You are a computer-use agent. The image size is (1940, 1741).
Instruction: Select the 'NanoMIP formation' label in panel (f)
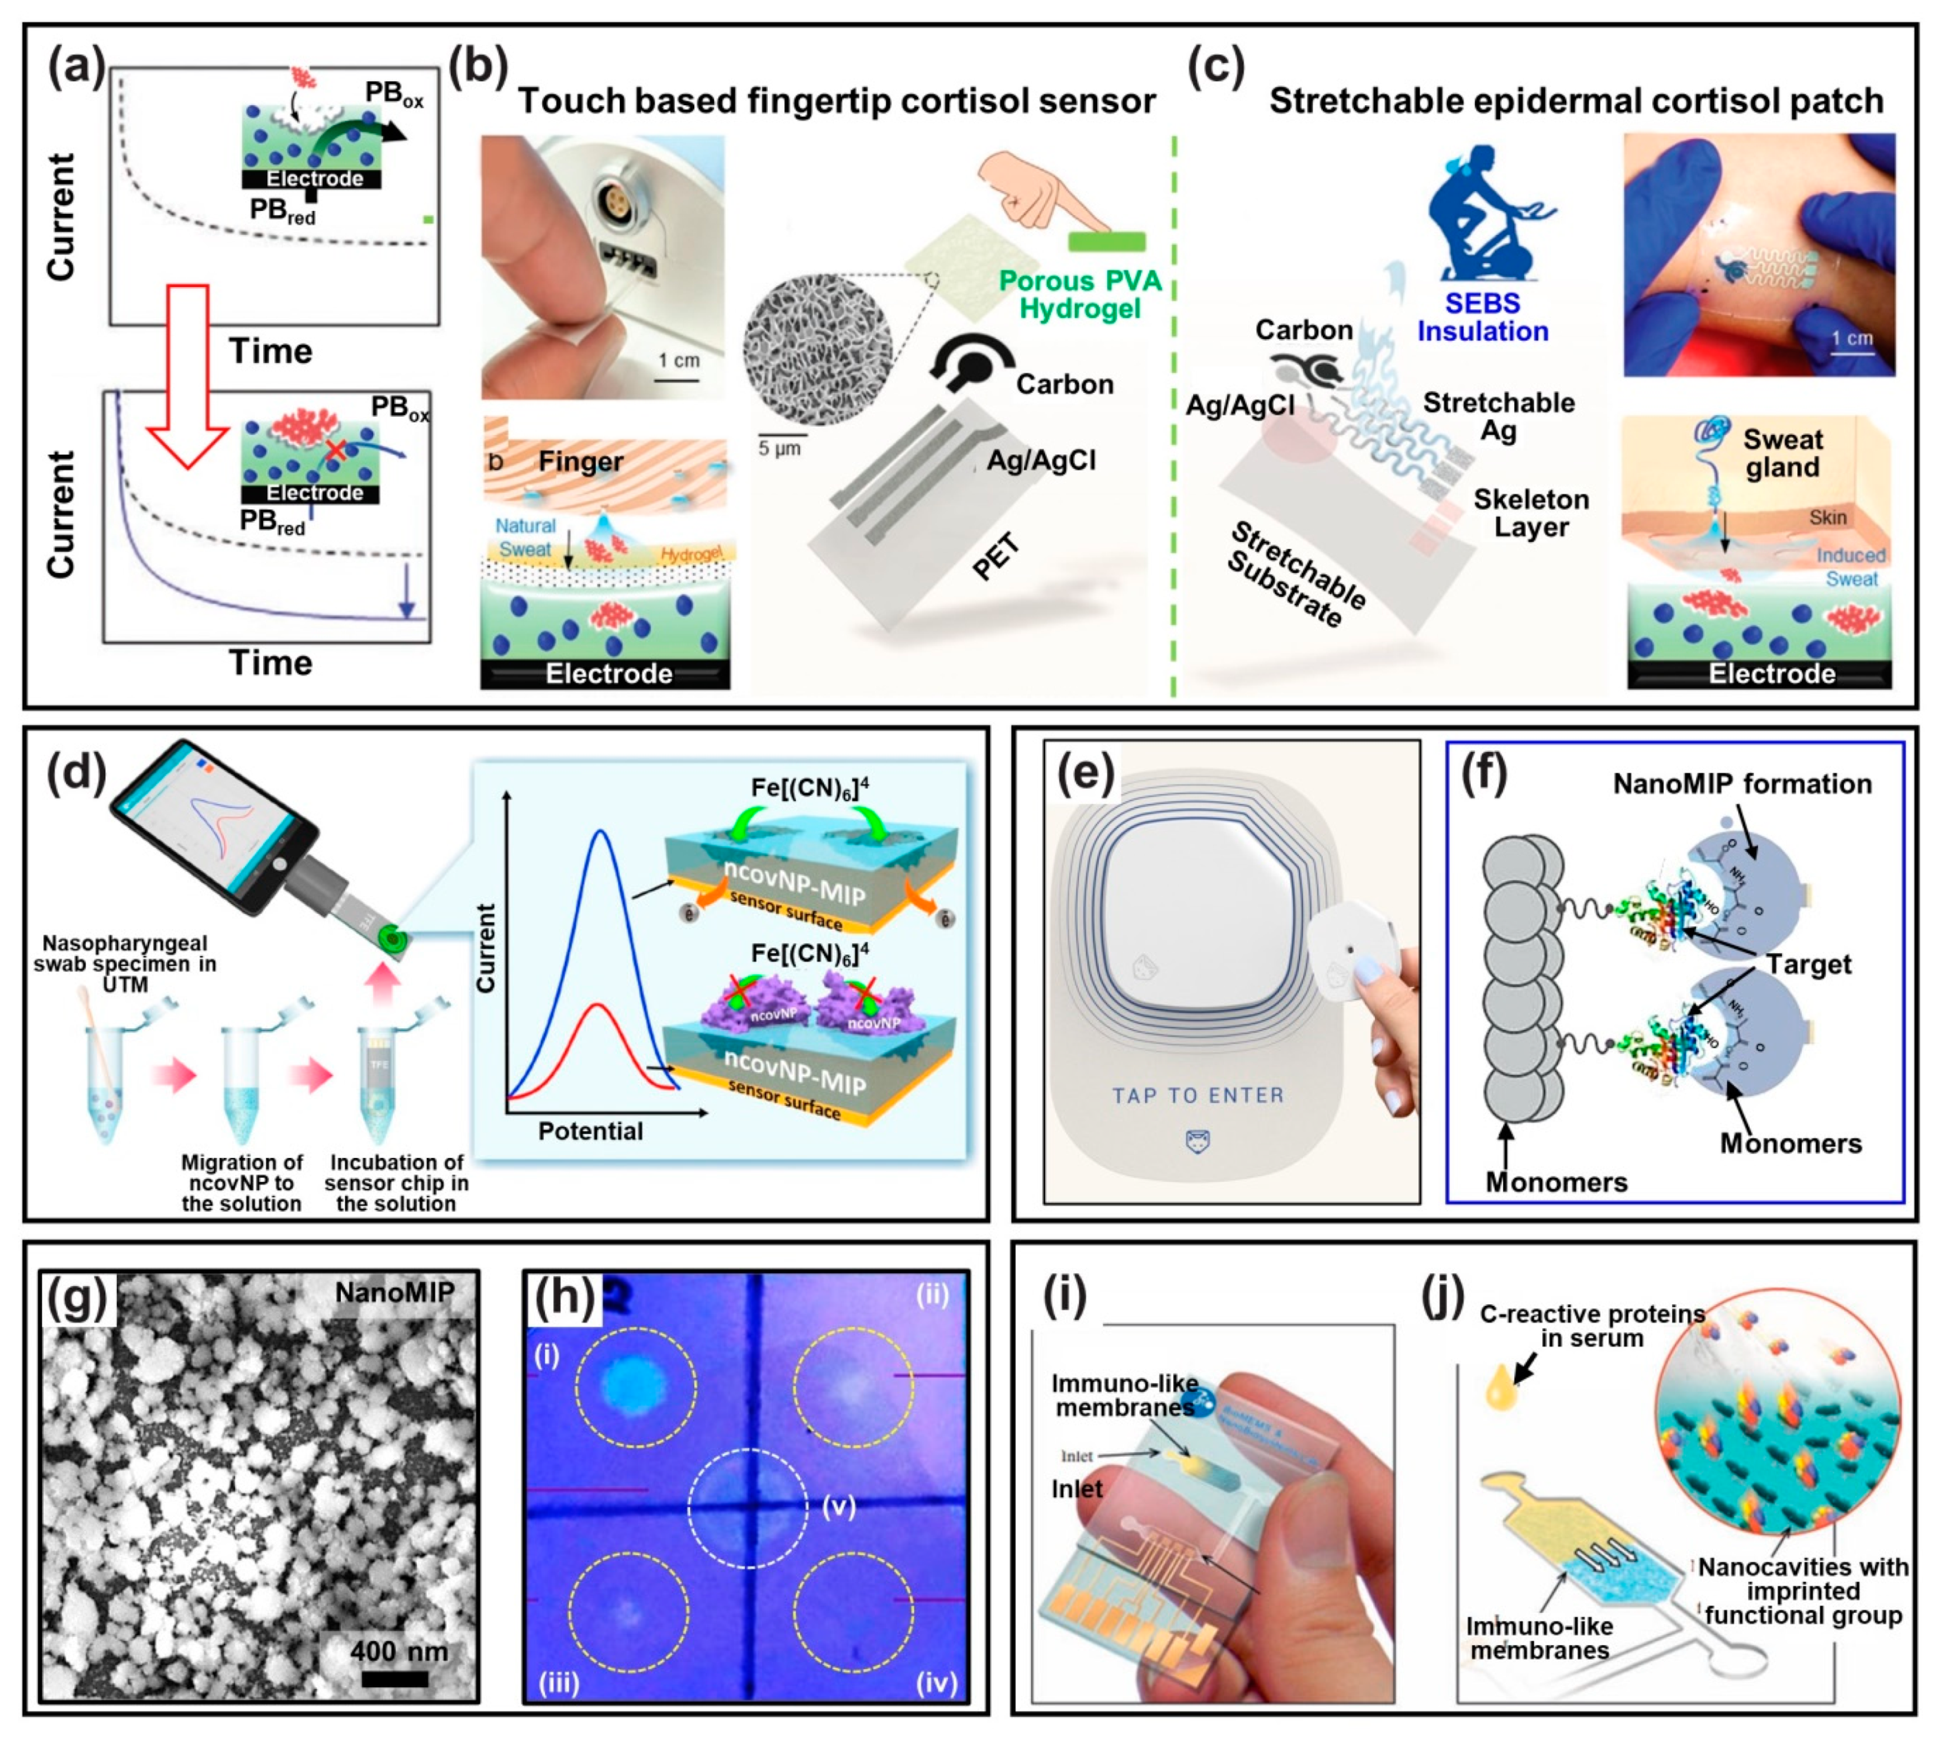[x=1741, y=784]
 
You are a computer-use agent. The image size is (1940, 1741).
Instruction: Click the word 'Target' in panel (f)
[x=1808, y=964]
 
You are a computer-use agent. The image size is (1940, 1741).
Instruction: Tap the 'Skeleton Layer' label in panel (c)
[x=1530, y=513]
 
